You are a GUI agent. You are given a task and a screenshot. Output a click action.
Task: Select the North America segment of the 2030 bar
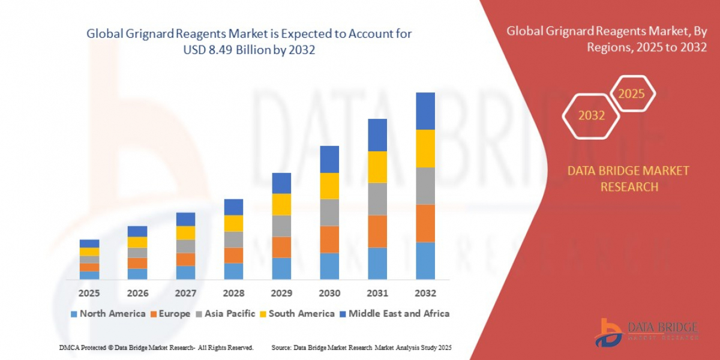point(329,266)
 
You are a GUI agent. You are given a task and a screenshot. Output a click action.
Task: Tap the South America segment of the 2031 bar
point(377,167)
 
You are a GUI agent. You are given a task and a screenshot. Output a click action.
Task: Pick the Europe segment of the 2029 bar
point(281,247)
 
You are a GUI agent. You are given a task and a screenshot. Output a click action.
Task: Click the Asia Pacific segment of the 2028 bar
point(233,239)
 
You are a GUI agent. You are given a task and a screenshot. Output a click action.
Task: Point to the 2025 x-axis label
point(89,293)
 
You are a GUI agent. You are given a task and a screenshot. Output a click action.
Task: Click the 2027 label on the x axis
point(185,293)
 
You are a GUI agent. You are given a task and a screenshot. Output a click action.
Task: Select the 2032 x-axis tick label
point(425,293)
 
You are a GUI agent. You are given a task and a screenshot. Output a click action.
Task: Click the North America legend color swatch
point(74,314)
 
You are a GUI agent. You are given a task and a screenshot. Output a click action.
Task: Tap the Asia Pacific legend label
point(230,314)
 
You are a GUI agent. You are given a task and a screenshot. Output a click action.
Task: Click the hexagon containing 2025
point(631,94)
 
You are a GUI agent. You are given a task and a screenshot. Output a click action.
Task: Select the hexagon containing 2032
point(591,115)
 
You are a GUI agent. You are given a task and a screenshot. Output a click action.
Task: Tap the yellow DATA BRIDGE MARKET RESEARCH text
point(628,179)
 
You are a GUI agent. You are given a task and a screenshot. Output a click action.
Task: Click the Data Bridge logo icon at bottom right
point(608,331)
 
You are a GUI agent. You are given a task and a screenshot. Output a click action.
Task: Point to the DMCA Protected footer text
point(156,347)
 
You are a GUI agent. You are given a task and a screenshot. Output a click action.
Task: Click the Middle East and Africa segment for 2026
point(137,231)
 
